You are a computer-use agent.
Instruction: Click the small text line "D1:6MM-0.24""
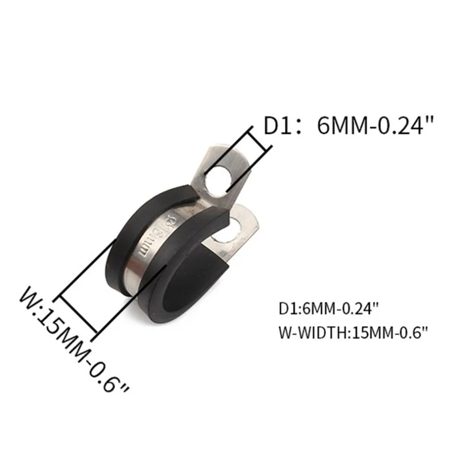[329, 308]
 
